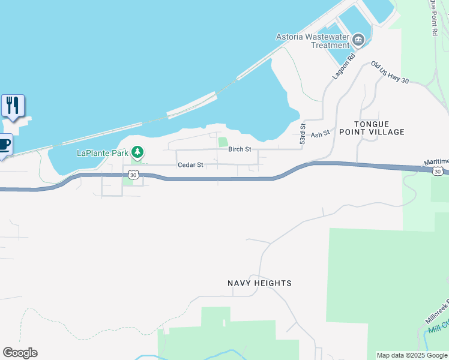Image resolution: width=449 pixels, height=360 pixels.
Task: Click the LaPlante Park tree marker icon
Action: (x=138, y=152)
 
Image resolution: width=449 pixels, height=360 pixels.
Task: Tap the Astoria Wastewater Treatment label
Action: (x=312, y=41)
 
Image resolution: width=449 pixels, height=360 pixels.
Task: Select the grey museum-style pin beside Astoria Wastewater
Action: (x=359, y=40)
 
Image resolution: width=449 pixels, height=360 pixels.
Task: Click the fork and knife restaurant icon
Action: (x=13, y=106)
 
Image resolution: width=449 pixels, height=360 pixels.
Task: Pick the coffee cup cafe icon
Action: (x=4, y=145)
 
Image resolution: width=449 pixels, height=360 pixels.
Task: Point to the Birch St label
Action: (x=239, y=149)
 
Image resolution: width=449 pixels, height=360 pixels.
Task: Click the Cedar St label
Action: (x=190, y=164)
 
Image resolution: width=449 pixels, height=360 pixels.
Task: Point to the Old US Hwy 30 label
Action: (x=390, y=72)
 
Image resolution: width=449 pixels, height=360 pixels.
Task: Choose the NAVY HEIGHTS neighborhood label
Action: (x=259, y=283)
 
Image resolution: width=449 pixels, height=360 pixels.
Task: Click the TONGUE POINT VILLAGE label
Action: (x=372, y=127)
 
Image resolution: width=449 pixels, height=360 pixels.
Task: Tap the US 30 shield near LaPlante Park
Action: (x=133, y=174)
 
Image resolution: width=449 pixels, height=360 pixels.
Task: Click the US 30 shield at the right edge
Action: (x=438, y=172)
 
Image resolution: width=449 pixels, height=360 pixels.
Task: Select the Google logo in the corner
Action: (x=20, y=353)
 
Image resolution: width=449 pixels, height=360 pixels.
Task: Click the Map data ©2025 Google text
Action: (x=412, y=355)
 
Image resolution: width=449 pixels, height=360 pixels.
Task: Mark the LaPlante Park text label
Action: (x=103, y=153)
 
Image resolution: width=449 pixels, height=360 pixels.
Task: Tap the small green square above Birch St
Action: (x=223, y=142)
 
